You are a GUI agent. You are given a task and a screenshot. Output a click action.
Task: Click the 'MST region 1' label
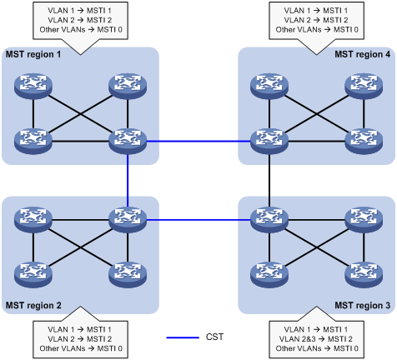click(x=33, y=54)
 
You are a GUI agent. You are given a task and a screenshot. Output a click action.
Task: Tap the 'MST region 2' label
click(x=33, y=305)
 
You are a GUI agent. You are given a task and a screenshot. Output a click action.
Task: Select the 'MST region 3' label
click(x=363, y=305)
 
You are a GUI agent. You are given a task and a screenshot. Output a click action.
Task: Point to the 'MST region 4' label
click(x=363, y=54)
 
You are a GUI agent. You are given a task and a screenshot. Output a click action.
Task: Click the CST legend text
click(x=214, y=337)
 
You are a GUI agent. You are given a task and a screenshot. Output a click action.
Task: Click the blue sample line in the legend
click(x=183, y=337)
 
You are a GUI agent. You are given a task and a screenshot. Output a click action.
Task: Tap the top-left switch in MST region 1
click(x=33, y=86)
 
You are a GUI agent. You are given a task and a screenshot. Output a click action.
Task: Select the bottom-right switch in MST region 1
click(x=128, y=141)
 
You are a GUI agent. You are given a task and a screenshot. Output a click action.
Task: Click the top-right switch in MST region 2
click(x=128, y=220)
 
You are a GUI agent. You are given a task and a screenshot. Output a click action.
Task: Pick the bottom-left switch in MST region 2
click(x=33, y=275)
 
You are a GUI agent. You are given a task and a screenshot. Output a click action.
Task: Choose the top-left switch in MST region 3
click(x=269, y=220)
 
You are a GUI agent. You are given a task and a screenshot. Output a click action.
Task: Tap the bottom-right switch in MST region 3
click(x=364, y=275)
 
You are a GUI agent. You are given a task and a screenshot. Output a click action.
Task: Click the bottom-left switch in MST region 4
click(x=269, y=141)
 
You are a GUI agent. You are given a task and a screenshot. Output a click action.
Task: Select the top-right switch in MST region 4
click(x=364, y=86)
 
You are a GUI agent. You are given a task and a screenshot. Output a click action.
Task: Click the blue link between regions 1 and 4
click(x=198, y=142)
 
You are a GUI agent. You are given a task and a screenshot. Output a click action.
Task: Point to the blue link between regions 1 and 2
click(x=128, y=181)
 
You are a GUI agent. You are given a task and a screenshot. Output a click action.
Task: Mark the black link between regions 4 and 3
click(x=269, y=181)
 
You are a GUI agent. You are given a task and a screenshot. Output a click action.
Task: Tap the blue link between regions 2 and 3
click(x=198, y=220)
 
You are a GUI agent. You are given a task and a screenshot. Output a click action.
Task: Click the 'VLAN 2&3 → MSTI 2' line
click(x=316, y=339)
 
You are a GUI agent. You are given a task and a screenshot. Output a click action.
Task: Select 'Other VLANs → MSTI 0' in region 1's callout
click(x=81, y=29)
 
